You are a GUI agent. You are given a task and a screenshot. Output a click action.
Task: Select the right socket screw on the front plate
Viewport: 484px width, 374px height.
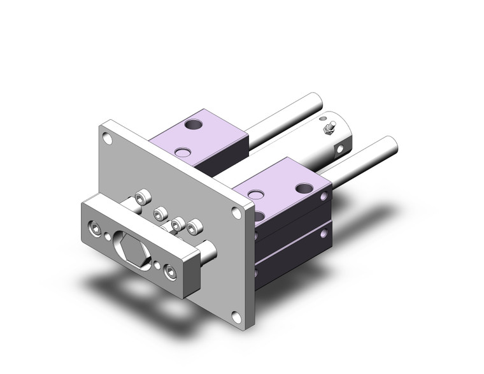tap(170, 272)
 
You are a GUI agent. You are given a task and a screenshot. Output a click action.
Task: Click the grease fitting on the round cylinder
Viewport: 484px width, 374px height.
tap(329, 130)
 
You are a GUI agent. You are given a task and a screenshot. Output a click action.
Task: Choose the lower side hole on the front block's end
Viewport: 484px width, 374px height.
tap(257, 272)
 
